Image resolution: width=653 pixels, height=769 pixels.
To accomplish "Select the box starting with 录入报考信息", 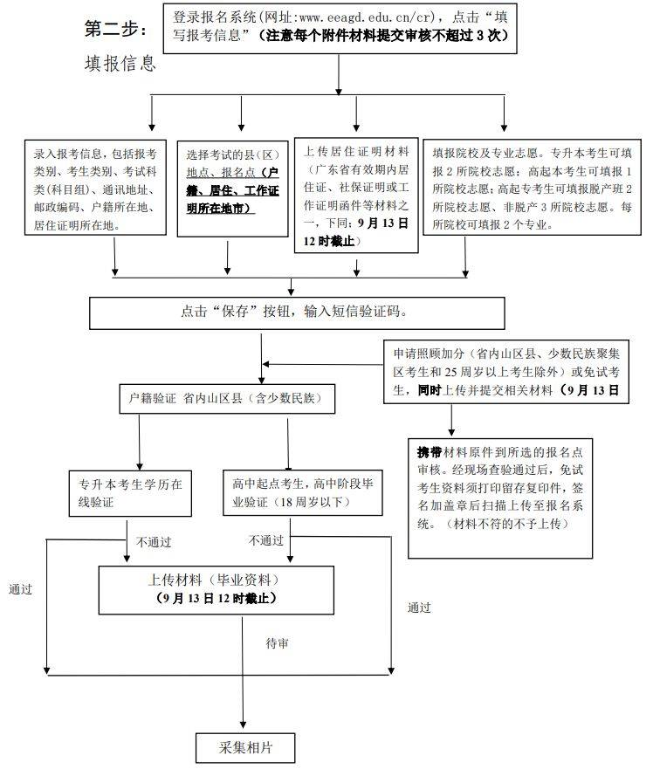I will pyautogui.click(x=95, y=187).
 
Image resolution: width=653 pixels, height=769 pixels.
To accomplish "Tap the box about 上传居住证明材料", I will pyautogui.click(x=355, y=193).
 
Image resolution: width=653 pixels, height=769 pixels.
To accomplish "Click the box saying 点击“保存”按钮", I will pyautogui.click(x=297, y=312).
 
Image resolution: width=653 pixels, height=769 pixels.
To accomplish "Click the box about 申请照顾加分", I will pyautogui.click(x=505, y=373).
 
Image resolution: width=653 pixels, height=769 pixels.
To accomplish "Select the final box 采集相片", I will pyautogui.click(x=244, y=747).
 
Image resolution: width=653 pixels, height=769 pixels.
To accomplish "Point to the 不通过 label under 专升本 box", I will pyautogui.click(x=154, y=541).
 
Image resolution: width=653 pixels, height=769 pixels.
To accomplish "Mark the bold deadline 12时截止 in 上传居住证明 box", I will pyautogui.click(x=329, y=239).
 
